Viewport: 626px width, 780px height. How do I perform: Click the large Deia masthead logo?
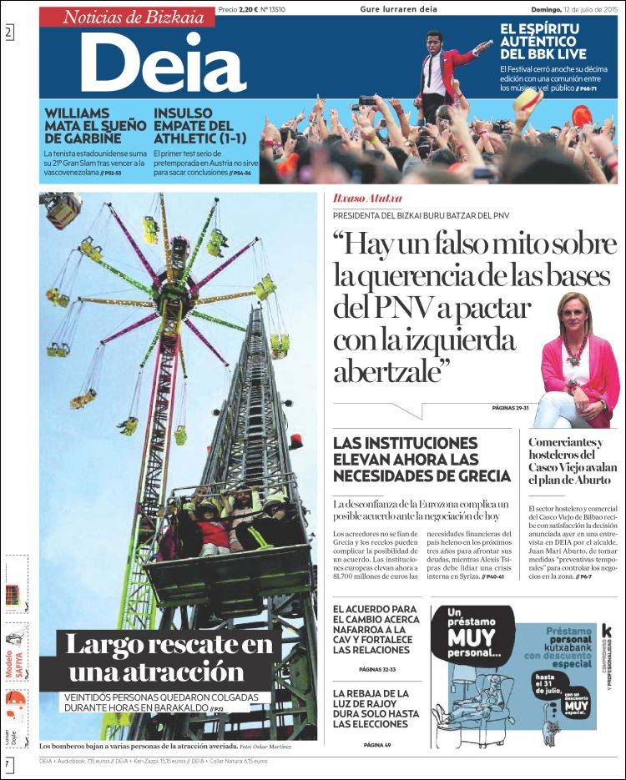point(163,63)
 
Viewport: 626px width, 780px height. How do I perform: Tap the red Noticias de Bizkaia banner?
point(127,16)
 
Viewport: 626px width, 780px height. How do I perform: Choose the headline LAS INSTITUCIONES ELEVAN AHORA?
point(422,459)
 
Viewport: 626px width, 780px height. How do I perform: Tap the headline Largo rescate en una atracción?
point(171,657)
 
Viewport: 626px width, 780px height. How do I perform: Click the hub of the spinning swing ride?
point(174,292)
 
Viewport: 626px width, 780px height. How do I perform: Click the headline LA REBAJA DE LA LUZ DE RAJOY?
point(376,709)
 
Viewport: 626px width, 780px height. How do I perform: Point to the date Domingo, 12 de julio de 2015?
point(573,10)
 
